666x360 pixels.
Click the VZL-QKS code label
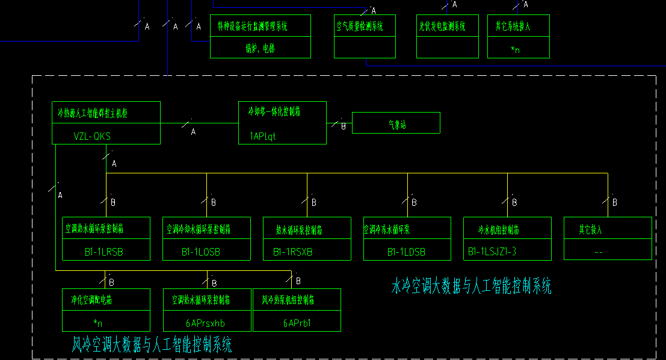pos(92,136)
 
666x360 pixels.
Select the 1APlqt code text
pos(262,136)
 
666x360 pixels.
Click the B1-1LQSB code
pos(201,252)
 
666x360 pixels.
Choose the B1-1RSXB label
pos(293,252)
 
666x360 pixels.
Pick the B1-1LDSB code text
pos(406,252)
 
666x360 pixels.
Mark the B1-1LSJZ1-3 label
pos(492,252)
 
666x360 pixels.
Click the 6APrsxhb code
pos(208,323)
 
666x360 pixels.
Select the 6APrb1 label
pos(297,323)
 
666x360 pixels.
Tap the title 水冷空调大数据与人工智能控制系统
pos(471,286)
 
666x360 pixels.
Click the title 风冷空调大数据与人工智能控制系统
pos(152,345)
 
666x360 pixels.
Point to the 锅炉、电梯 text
pos(260,49)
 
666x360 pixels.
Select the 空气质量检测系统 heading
pos(359,26)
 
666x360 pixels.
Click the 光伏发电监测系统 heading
pos(442,26)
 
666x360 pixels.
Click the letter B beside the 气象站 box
pos(344,126)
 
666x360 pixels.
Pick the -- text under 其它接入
pos(598,252)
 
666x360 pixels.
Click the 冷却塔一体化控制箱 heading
pos(275,111)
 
